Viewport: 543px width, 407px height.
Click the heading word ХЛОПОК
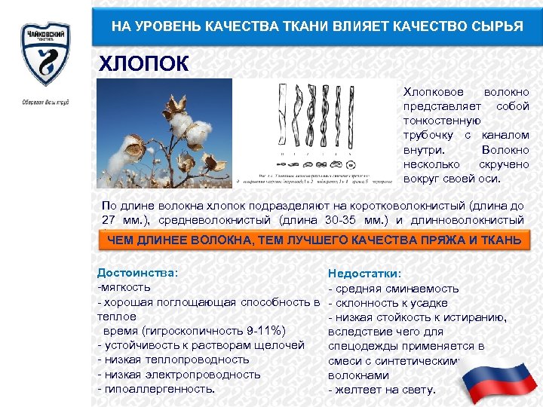point(144,63)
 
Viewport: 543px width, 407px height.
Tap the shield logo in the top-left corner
point(44,53)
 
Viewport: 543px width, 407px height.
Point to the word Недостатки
point(364,274)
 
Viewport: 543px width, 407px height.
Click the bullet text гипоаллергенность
point(159,389)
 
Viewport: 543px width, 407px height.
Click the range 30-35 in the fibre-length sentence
point(341,220)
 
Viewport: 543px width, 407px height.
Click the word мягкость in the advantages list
point(126,287)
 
